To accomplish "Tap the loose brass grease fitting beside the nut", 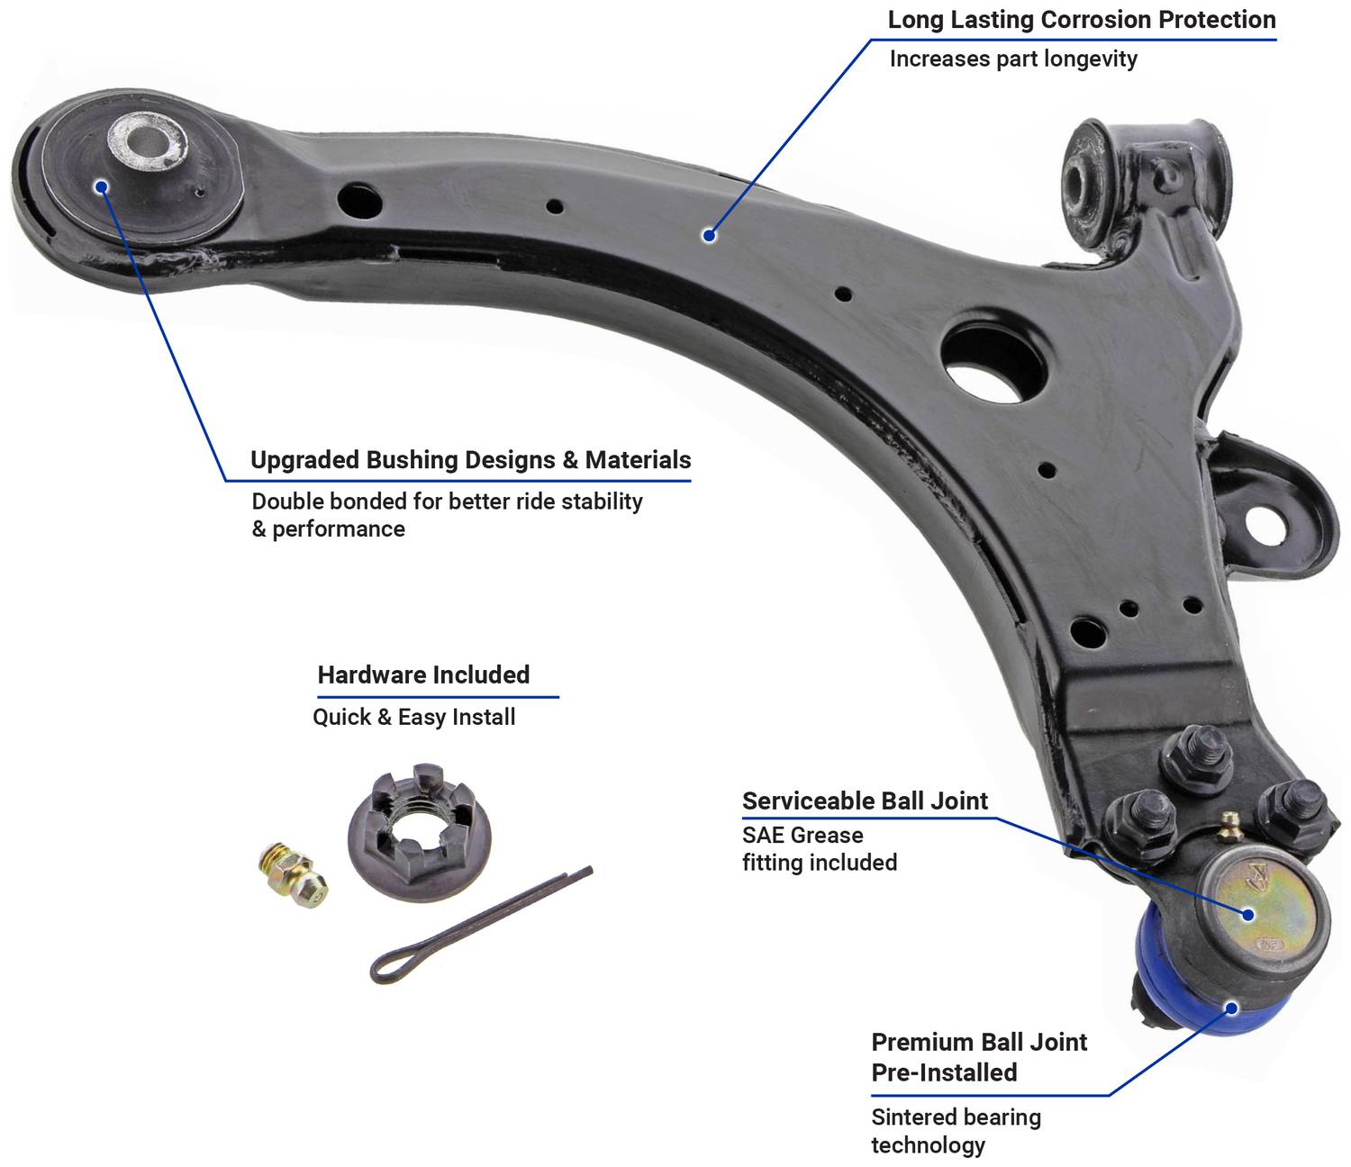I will point(292,872).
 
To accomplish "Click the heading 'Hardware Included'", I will point(423,674).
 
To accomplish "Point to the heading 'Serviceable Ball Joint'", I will point(865,801).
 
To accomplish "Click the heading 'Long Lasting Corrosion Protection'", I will point(1081,20).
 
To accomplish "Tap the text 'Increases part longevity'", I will point(1013,59).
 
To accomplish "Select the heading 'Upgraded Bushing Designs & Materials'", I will point(470,460).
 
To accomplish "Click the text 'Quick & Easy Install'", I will point(413,717).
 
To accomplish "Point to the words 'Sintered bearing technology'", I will point(956,1131).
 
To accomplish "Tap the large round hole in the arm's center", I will point(993,360).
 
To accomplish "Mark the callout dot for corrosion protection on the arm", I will point(709,236).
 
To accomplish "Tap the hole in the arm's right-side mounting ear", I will point(1264,522).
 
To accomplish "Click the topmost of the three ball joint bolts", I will point(1197,755).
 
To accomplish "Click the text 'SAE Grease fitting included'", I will point(819,848).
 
